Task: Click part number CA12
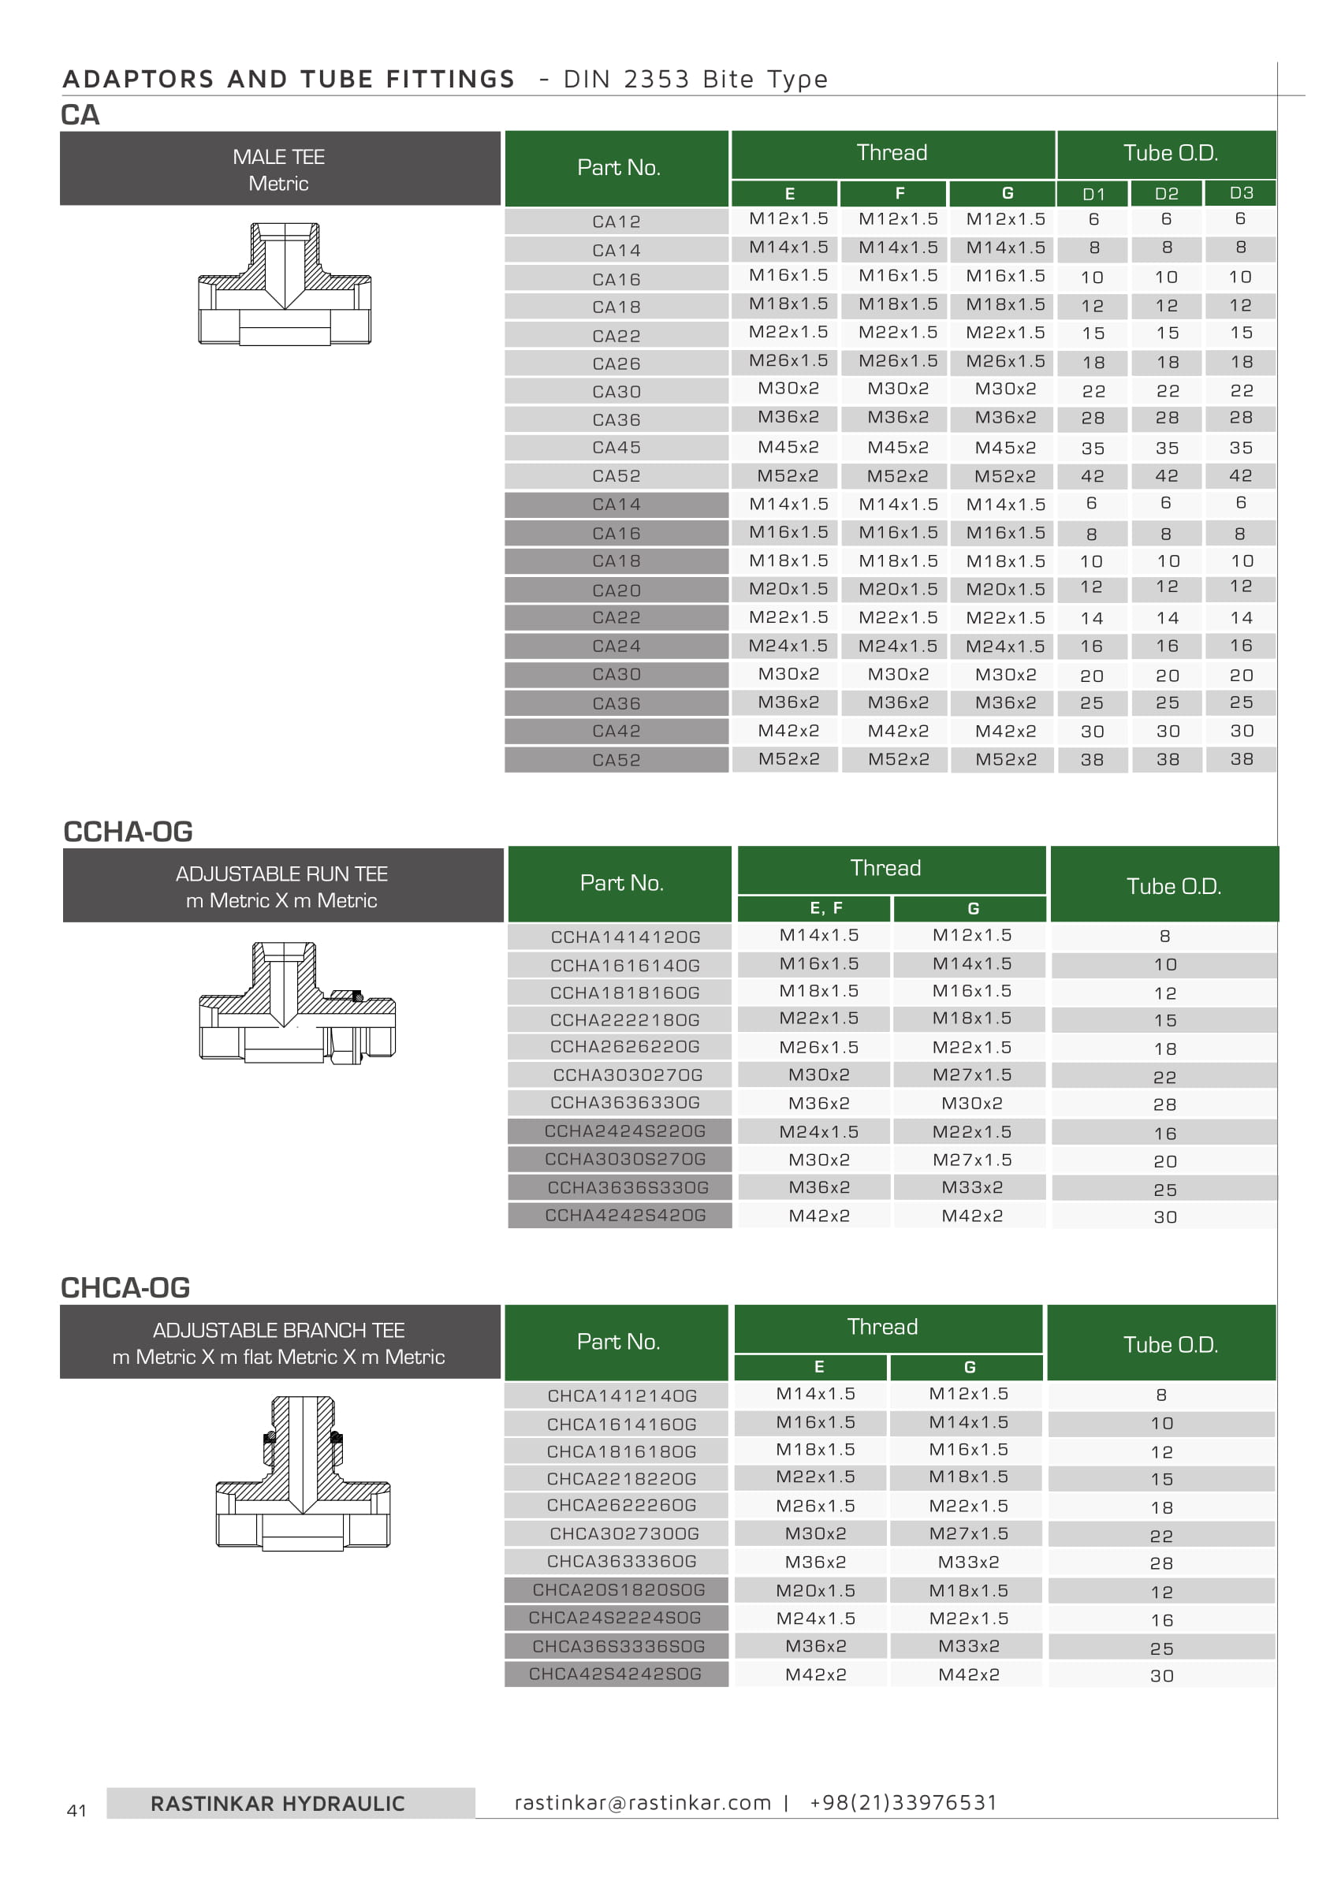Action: (616, 222)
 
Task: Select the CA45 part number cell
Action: (616, 448)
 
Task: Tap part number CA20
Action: (616, 590)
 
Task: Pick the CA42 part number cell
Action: (616, 731)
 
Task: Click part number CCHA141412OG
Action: (625, 937)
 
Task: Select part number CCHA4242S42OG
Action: (625, 1216)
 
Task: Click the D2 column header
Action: (1166, 193)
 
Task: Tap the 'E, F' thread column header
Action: (825, 908)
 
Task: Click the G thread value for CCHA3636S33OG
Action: (972, 1187)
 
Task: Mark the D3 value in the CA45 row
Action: (1240, 448)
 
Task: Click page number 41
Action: (76, 1811)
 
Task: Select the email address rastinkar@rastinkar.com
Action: (643, 1802)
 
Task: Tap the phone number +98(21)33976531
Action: (903, 1802)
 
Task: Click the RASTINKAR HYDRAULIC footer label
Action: (278, 1804)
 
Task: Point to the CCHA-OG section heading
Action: (128, 832)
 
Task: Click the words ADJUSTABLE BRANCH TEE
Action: (278, 1330)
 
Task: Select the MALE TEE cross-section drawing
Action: (284, 283)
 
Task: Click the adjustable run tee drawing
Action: (297, 1003)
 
